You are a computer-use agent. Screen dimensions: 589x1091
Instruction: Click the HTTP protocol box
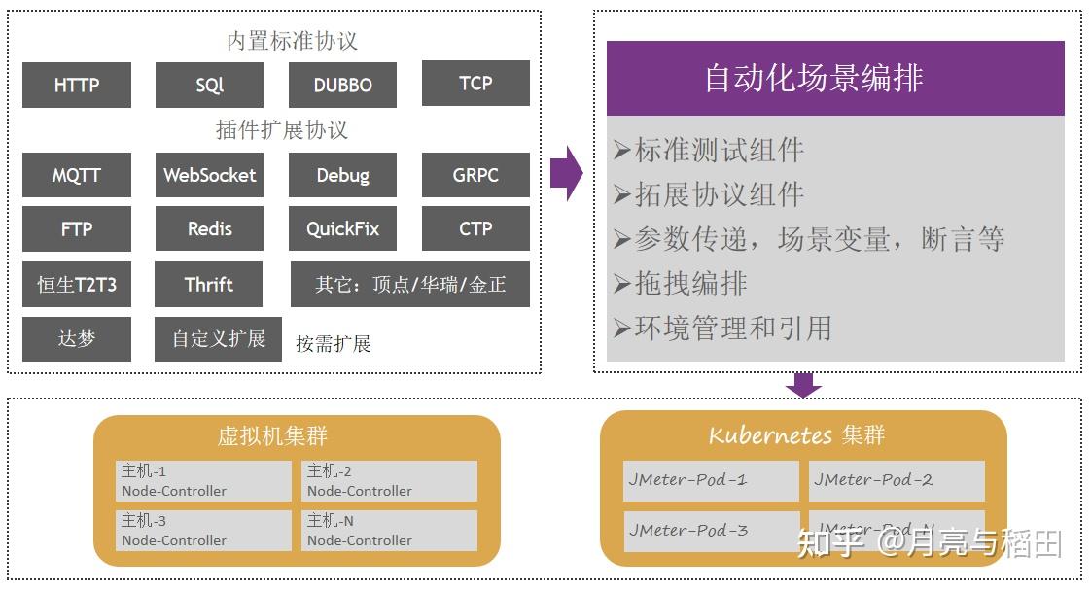76,85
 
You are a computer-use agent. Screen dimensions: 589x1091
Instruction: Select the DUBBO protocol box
342,85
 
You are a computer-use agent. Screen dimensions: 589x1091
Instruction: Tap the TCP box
475,83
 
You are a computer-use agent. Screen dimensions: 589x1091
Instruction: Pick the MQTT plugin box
76,175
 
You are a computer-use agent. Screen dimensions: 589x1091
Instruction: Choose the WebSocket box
209,175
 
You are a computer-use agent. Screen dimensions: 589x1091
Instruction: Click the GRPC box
475,175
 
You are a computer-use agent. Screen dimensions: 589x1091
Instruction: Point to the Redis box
209,229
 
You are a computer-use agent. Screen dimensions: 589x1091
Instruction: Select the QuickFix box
342,229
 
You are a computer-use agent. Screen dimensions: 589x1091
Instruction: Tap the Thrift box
209,284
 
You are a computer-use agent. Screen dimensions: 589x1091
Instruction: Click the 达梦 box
76,339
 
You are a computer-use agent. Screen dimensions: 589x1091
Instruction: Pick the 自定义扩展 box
218,339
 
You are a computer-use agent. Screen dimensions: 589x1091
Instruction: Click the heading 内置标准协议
292,41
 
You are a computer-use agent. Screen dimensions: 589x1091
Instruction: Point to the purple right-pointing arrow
566,174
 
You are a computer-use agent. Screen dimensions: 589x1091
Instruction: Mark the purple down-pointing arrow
803,385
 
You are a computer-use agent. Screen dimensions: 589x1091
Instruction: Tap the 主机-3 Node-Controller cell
203,531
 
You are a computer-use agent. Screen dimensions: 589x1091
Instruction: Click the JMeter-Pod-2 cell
896,480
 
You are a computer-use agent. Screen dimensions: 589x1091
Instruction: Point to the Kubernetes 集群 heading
796,434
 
